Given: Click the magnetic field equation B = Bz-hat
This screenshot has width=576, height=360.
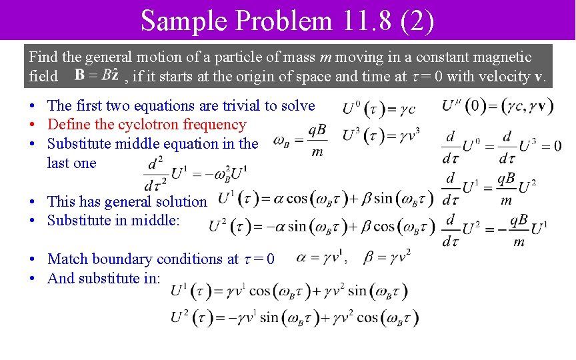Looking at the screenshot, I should pyautogui.click(x=97, y=75).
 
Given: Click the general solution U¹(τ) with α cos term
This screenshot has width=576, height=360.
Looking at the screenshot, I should pyautogui.click(x=326, y=198).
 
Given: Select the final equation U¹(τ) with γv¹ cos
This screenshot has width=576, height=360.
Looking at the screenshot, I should pyautogui.click(x=289, y=291).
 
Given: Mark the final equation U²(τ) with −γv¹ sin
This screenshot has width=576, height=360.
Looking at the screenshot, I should pyautogui.click(x=295, y=318).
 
